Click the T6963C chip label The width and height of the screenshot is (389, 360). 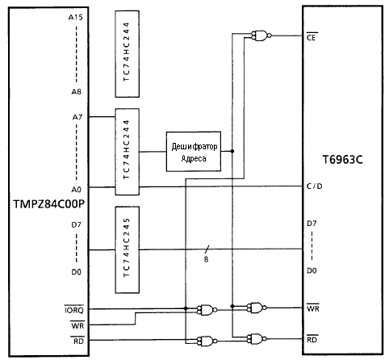pos(342,160)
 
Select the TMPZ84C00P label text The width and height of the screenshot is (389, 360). pos(48,204)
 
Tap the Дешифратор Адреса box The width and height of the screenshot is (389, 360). pos(194,152)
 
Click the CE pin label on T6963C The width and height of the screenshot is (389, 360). pos(311,37)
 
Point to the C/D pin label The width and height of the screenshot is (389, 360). pos(314,186)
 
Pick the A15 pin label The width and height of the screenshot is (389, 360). pos(75,18)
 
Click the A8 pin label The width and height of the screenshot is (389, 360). pos(76,92)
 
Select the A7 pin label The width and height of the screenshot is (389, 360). pos(77,117)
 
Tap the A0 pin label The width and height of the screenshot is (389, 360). pos(76,190)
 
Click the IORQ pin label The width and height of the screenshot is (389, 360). pos(74,310)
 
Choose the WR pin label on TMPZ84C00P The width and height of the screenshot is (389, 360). pos(77,325)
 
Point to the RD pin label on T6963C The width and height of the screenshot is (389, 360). pos(312,340)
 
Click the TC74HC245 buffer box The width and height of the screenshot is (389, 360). pos(128,249)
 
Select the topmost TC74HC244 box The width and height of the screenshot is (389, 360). pos(128,54)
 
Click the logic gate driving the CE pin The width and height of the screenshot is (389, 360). pos(261,36)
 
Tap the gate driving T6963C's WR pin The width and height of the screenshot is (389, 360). pos(257,308)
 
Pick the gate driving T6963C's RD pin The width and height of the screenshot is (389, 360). pos(257,339)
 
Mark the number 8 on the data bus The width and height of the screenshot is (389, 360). pos(206,259)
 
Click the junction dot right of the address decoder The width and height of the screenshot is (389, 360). pos(232,151)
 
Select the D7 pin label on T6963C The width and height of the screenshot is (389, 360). pos(312,224)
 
